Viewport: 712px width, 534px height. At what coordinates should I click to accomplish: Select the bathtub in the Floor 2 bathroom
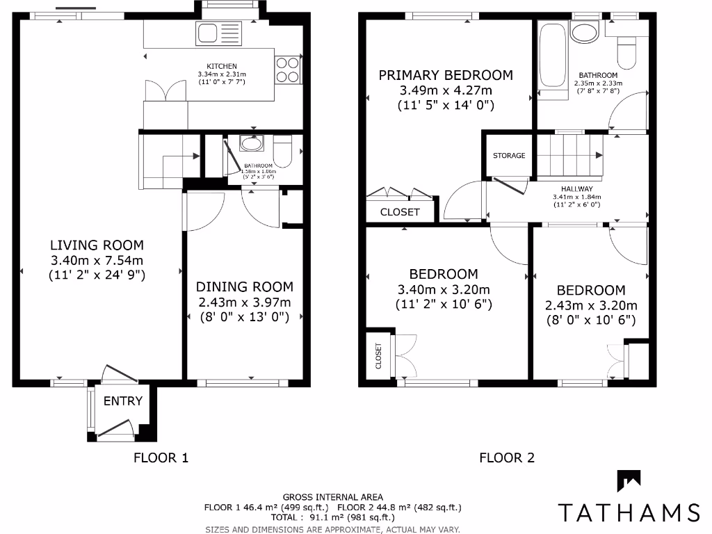coord(552,56)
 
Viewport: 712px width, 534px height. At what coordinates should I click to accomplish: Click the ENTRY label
coord(123,401)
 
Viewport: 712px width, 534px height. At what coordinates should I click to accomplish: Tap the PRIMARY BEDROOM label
coord(445,75)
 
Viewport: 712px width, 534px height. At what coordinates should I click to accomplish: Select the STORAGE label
coord(509,156)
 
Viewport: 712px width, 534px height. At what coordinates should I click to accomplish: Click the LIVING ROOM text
coord(97,245)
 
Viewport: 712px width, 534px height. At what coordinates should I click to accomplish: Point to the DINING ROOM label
coord(244,286)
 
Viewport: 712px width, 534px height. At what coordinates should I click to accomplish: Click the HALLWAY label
coord(576,188)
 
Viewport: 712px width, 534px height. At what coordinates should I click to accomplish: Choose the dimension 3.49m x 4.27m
coord(445,91)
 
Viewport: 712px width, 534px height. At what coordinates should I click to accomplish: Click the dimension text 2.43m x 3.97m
coord(244,302)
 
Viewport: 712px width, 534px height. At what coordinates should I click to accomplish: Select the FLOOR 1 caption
coord(161,458)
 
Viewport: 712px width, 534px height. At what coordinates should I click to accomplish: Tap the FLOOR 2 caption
coord(507,458)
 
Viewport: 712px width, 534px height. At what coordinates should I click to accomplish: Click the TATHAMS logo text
coord(629,512)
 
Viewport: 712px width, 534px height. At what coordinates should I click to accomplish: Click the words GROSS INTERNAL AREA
coord(332,496)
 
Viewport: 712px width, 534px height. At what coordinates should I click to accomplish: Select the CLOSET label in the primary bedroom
coord(400,212)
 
